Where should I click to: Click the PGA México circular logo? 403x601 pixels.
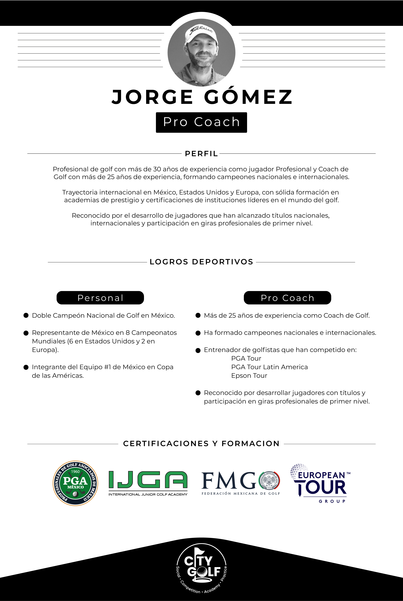coord(75,483)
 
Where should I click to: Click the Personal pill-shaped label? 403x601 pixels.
coord(100,298)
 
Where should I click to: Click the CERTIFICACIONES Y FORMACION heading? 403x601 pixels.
coord(201,444)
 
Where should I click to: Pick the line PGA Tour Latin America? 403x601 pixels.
coord(269,367)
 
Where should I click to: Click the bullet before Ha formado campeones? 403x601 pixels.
coord(198,333)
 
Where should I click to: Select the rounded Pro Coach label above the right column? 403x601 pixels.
coord(287,298)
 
